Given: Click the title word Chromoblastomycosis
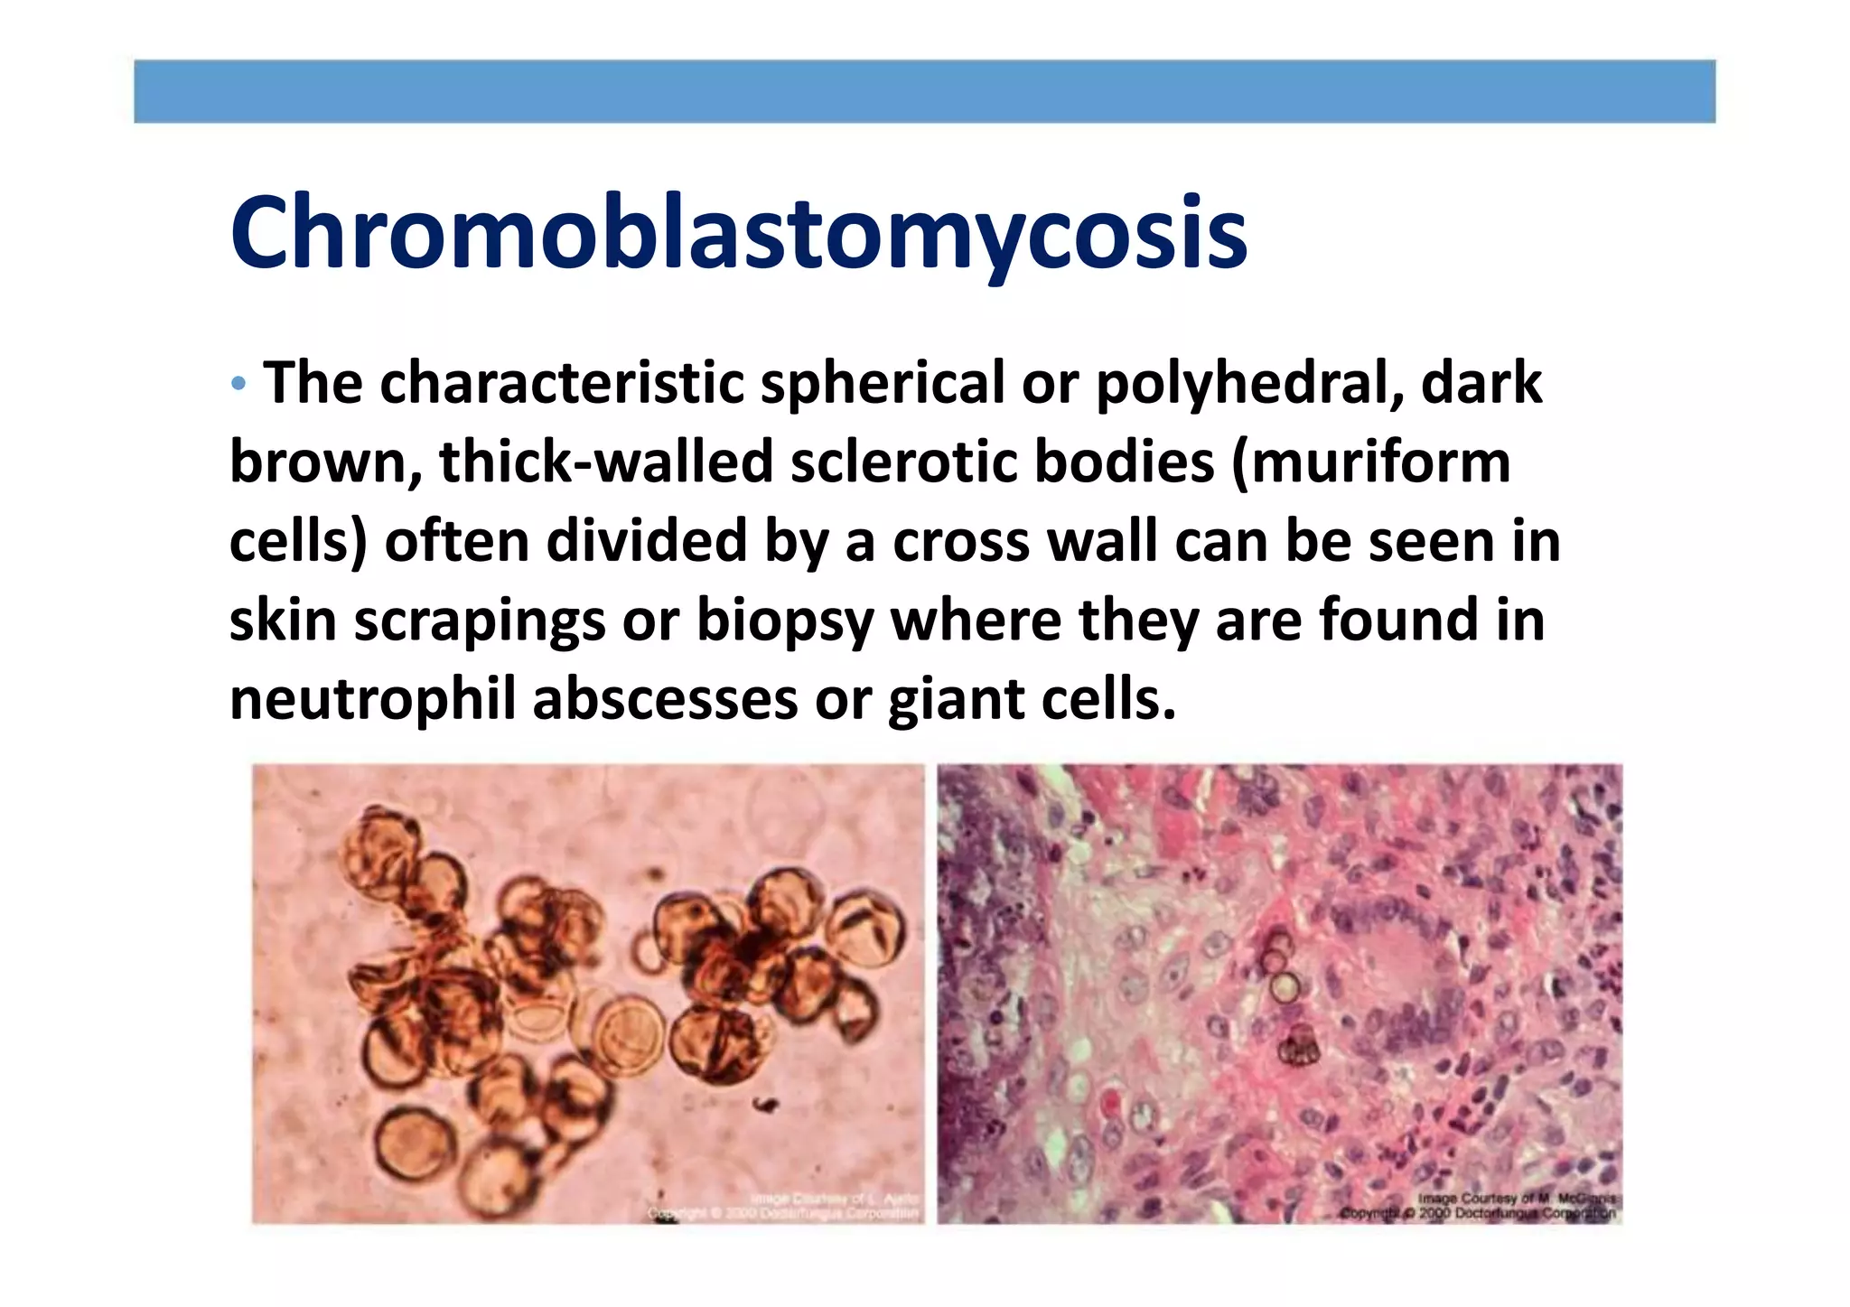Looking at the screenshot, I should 738,233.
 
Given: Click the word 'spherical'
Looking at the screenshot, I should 882,384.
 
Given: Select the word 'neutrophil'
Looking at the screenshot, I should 372,700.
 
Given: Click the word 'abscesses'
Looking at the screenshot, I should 665,700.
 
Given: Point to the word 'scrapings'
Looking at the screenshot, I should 479,621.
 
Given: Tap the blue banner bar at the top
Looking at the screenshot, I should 924,91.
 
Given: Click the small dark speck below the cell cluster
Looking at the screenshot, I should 767,1104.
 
